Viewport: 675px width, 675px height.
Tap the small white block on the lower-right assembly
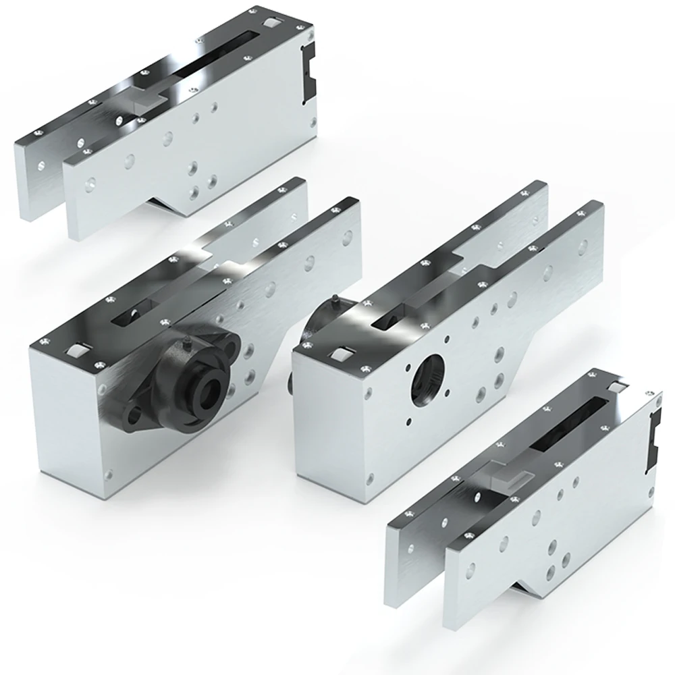point(617,386)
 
